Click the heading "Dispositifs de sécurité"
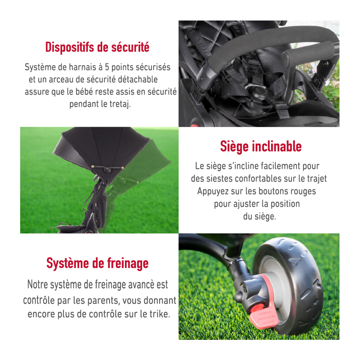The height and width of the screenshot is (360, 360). tap(97, 47)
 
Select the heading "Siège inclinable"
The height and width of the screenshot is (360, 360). tap(261, 147)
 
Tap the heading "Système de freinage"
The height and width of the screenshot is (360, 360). tap(97, 264)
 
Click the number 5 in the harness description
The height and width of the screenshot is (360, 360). tap(107, 67)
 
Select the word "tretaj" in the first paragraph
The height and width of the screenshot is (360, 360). tap(119, 104)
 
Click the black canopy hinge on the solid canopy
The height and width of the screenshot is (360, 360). tap(107, 170)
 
